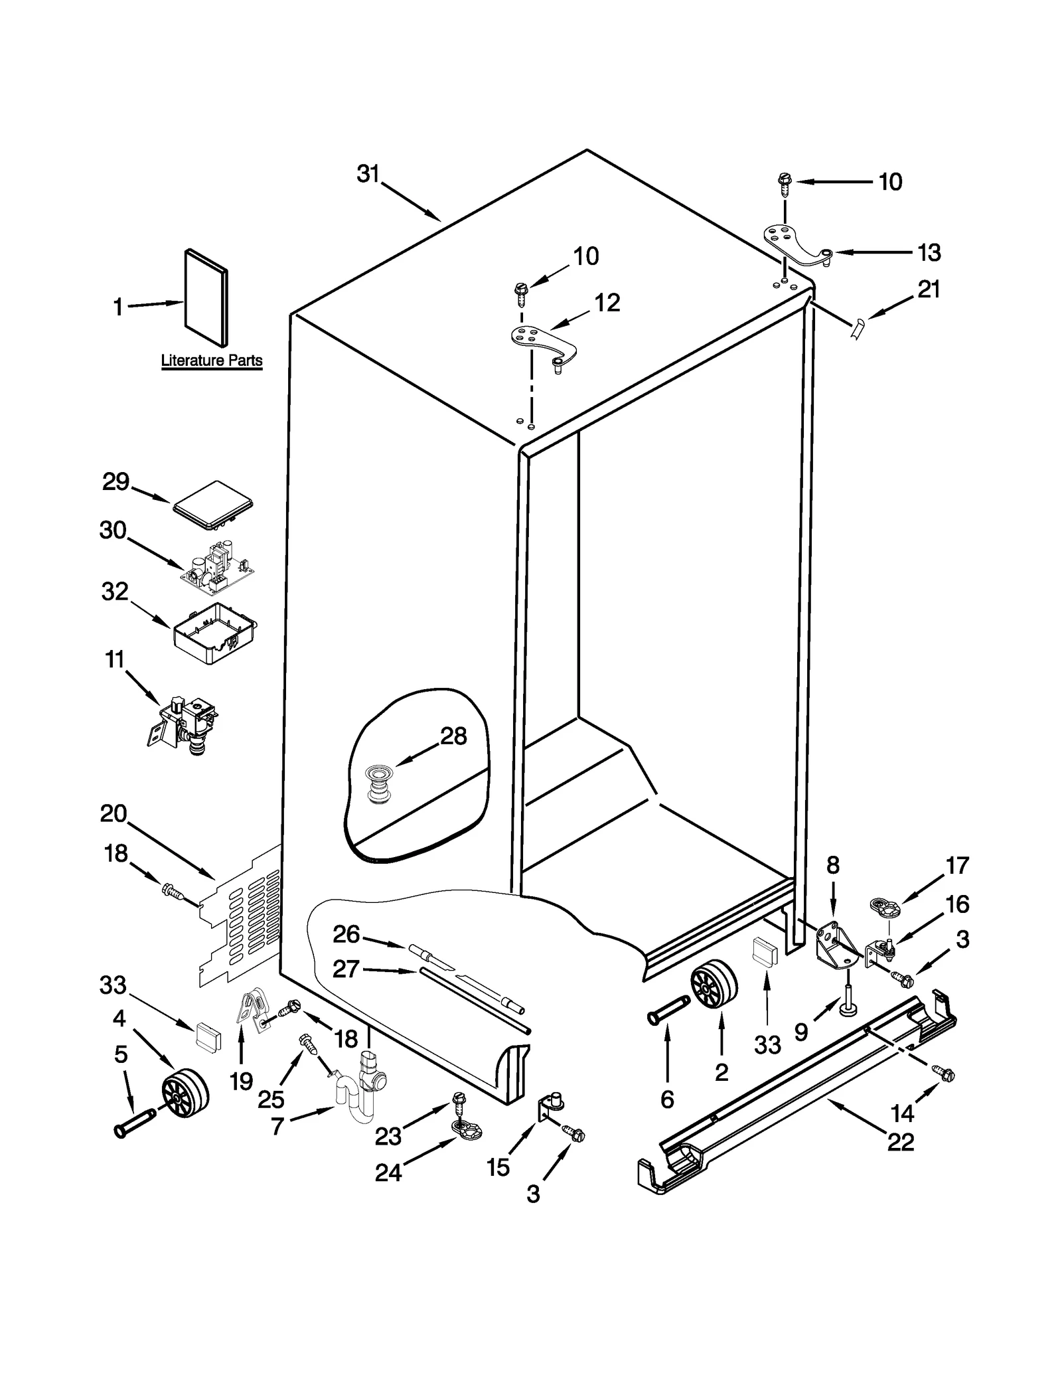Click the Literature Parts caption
click(x=212, y=361)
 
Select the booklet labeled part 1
click(x=206, y=299)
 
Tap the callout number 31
click(x=368, y=174)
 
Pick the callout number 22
click(x=901, y=1141)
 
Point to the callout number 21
click(x=929, y=289)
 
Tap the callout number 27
click(x=346, y=969)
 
